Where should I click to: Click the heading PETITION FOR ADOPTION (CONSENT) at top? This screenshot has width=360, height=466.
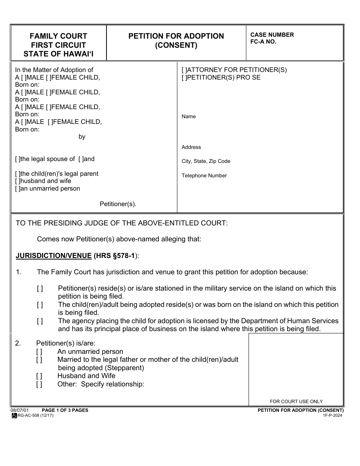click(x=176, y=41)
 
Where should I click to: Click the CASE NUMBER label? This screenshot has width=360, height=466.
click(x=272, y=35)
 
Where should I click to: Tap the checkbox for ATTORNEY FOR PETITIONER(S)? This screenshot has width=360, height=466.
click(x=185, y=70)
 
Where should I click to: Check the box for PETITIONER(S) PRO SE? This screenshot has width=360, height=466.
click(x=185, y=78)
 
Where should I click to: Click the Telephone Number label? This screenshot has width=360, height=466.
click(x=204, y=176)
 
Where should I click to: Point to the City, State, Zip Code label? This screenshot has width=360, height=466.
click(x=206, y=161)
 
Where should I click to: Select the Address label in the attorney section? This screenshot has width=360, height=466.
click(x=191, y=147)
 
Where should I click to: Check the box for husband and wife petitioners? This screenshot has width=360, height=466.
click(x=17, y=181)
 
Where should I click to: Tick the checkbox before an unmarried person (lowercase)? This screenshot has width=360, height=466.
click(x=17, y=189)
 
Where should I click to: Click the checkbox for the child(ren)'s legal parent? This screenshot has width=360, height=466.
click(x=17, y=174)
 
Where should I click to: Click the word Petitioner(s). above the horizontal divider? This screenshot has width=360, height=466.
click(x=118, y=204)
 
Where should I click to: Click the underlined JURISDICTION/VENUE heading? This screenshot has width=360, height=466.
click(x=53, y=256)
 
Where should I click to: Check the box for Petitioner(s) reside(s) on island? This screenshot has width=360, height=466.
click(x=40, y=289)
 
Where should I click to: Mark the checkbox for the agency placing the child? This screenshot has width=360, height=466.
click(x=40, y=321)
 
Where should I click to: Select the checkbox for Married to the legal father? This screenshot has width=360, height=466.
click(x=39, y=360)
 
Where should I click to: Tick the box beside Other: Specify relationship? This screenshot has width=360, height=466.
click(x=39, y=385)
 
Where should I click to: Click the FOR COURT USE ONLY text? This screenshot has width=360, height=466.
click(x=296, y=402)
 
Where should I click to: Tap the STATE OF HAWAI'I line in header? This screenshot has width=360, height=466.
click(x=58, y=54)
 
